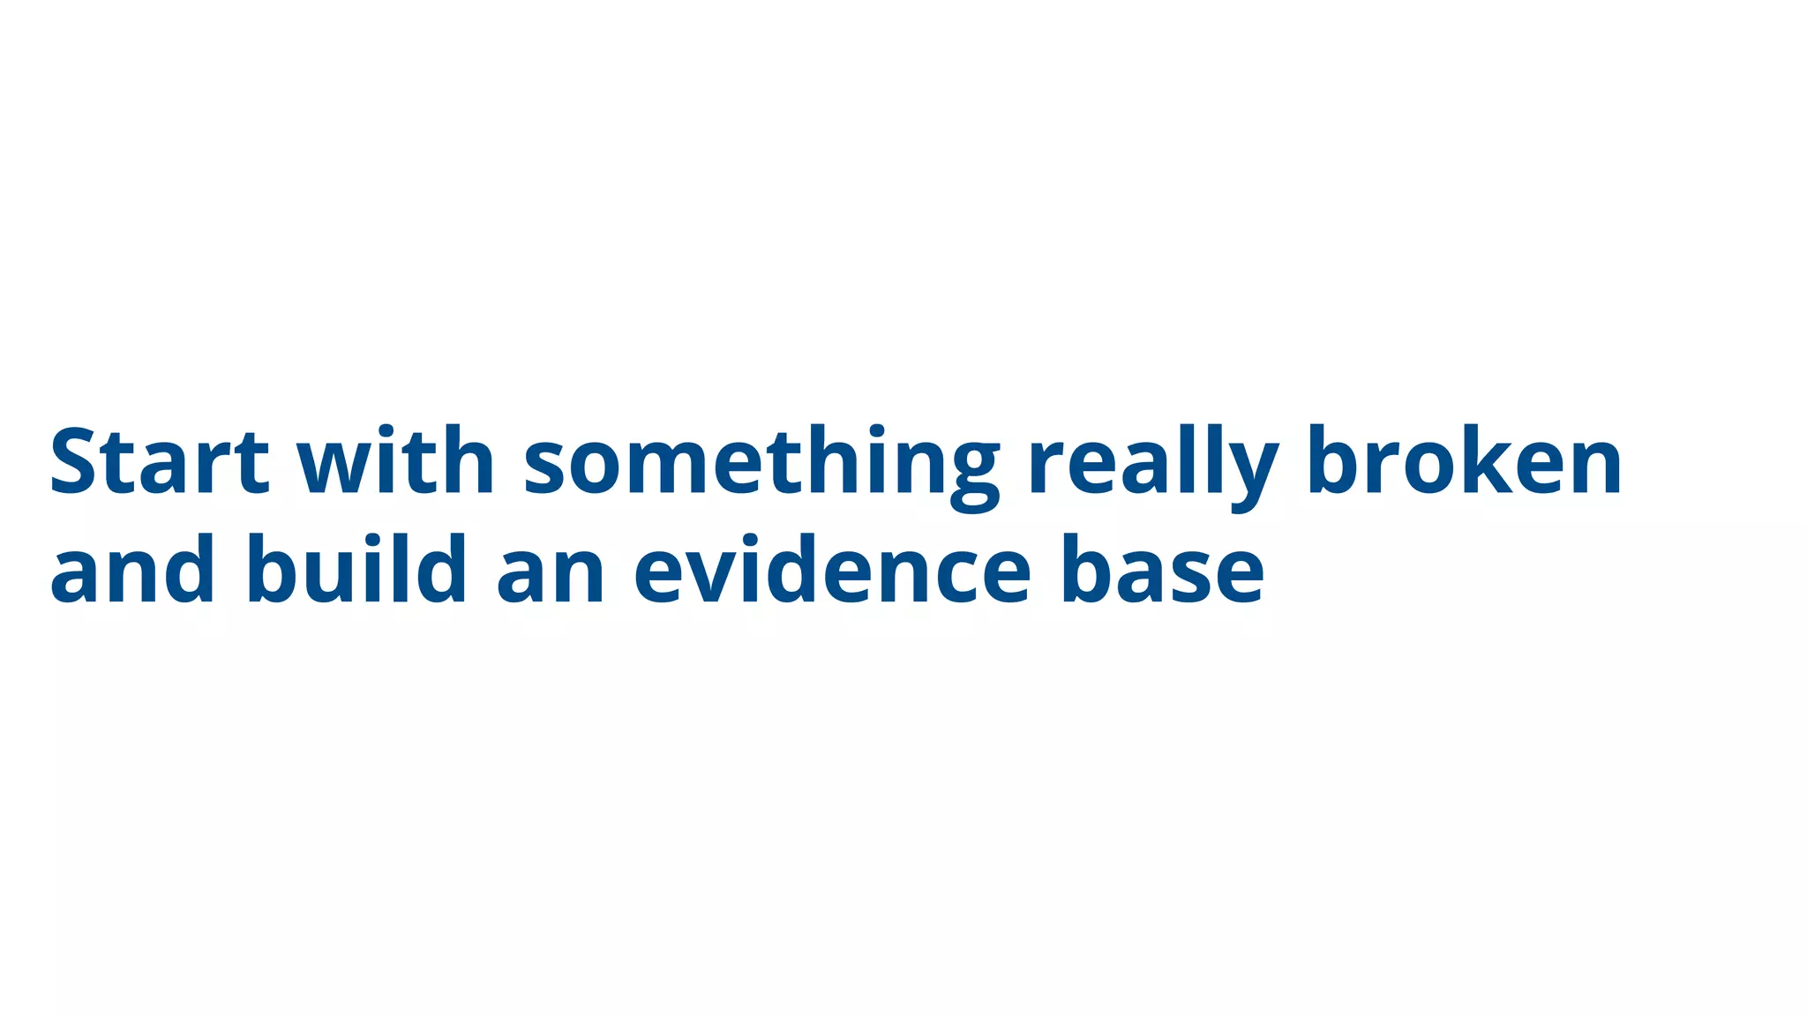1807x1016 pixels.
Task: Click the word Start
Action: tap(159, 461)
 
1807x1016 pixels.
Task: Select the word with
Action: tap(394, 461)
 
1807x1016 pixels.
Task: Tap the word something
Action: tap(761, 466)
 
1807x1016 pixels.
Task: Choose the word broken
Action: tap(1465, 461)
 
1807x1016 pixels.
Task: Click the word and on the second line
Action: tap(132, 571)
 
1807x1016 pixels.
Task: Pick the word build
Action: tap(356, 571)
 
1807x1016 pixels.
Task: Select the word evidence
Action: tap(832, 571)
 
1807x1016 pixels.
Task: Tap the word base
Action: tap(1163, 571)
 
